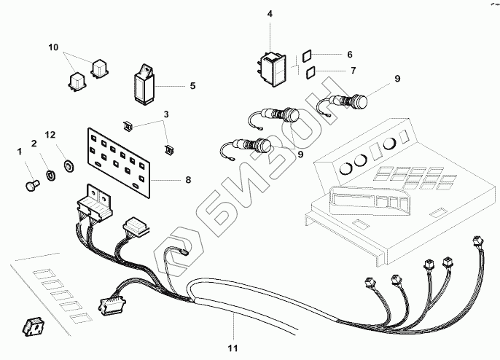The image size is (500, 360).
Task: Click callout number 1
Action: tap(19, 151)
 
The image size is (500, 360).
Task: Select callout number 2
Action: tap(34, 143)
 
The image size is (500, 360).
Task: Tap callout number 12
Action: tap(50, 136)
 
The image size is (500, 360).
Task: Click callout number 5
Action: tap(193, 86)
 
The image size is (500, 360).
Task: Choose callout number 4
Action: tap(270, 14)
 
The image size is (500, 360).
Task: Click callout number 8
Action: tap(189, 178)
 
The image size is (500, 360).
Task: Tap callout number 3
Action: tap(166, 114)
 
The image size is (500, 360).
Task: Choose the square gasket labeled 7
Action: tap(310, 71)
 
